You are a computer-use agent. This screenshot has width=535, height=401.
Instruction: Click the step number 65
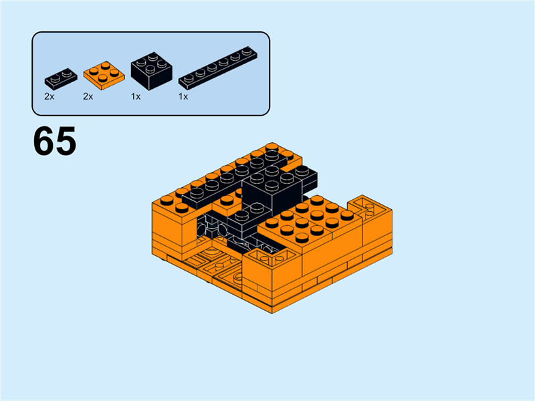pos(54,141)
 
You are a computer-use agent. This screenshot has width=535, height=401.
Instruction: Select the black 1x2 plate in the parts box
pos(60,77)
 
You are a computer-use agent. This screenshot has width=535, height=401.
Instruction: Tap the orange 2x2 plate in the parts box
pos(102,74)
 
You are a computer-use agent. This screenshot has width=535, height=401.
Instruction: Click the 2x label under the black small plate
pos(49,96)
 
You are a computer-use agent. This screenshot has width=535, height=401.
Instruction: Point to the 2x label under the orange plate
pos(88,96)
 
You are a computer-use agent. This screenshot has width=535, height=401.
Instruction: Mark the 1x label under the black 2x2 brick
pos(136,96)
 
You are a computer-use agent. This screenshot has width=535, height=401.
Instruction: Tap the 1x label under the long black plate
pos(183,96)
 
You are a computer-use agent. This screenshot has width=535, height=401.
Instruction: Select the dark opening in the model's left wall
pos(211,231)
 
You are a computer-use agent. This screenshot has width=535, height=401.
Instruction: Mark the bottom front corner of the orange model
pos(272,311)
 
